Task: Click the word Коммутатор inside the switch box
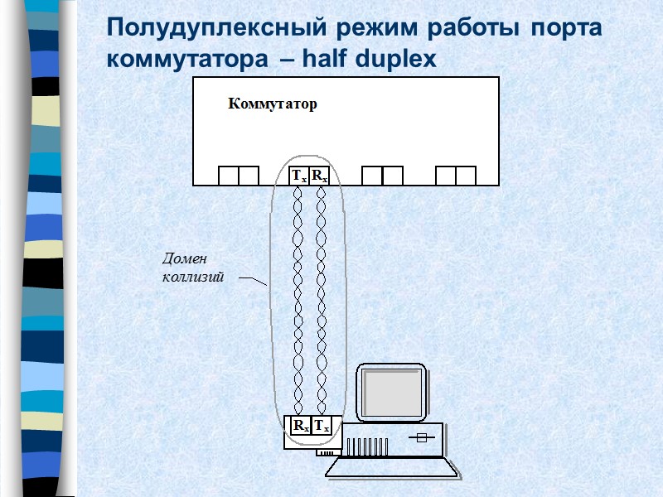pos(273,104)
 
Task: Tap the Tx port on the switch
pos(298,176)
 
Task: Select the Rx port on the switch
pos(320,176)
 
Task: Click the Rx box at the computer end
pos(300,426)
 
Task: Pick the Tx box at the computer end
pos(322,426)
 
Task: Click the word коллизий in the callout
pos(193,277)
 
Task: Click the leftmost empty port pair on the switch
pos(239,176)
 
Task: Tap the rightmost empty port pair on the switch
pos(456,176)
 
